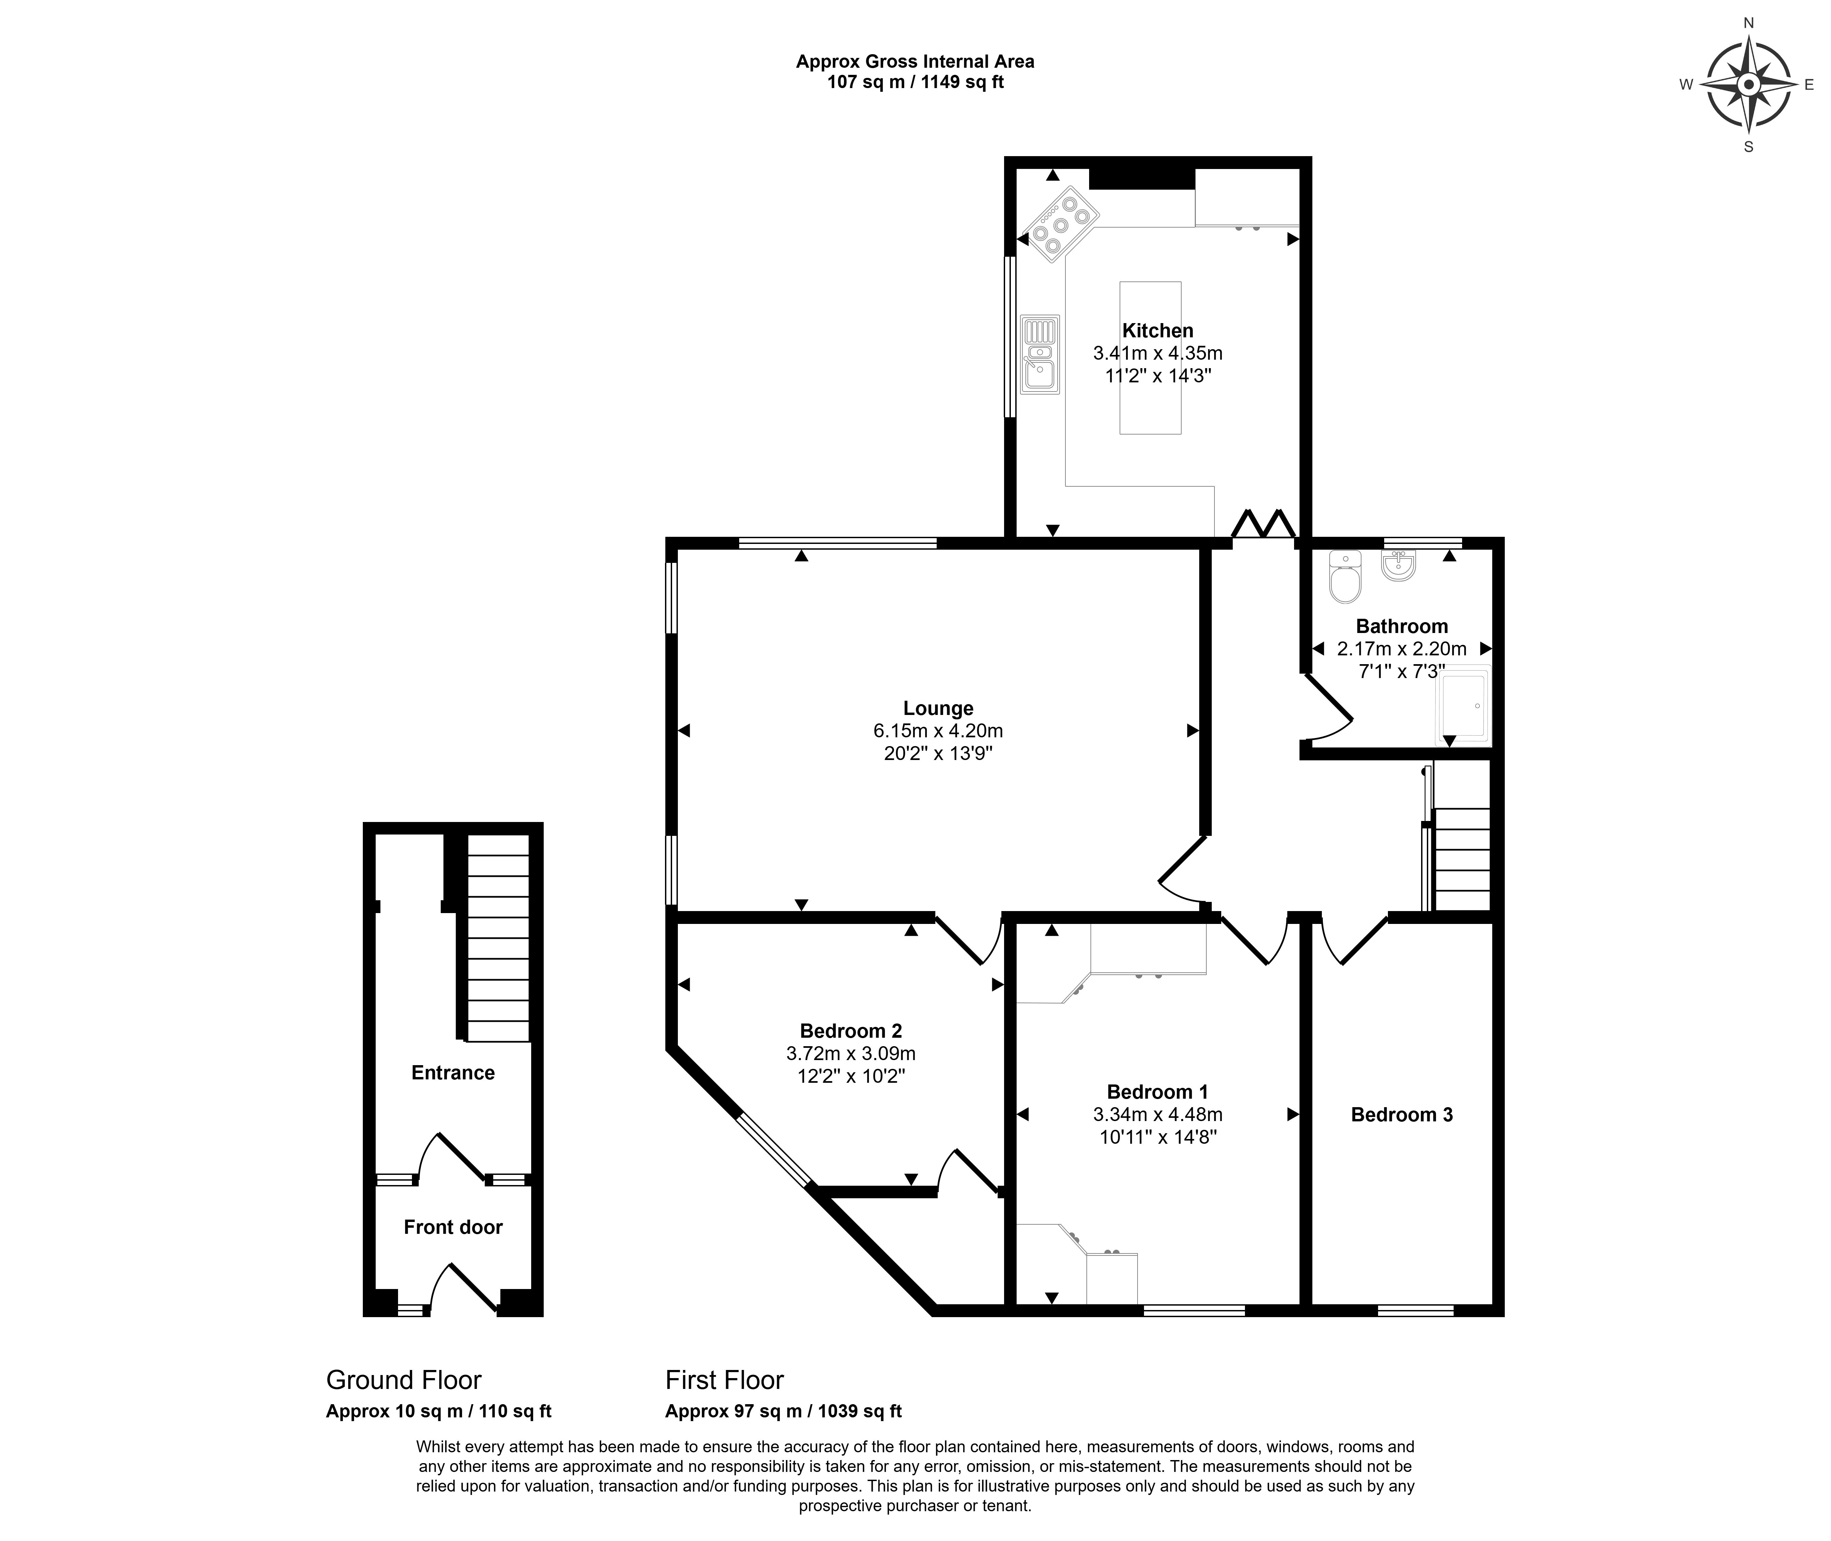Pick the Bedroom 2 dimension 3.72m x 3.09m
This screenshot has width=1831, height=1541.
coord(851,1054)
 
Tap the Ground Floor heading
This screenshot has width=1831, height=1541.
coord(403,1380)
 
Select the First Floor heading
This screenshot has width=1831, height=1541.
coord(724,1380)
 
